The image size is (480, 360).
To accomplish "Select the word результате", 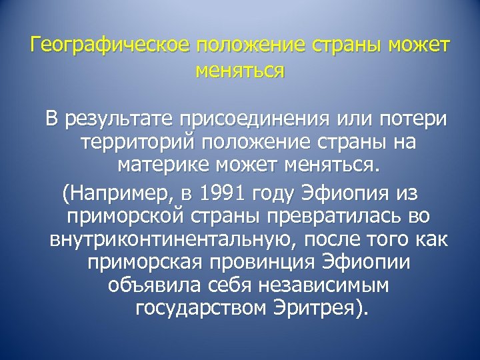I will (126, 119).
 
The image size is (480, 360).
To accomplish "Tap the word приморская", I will (138, 263).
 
